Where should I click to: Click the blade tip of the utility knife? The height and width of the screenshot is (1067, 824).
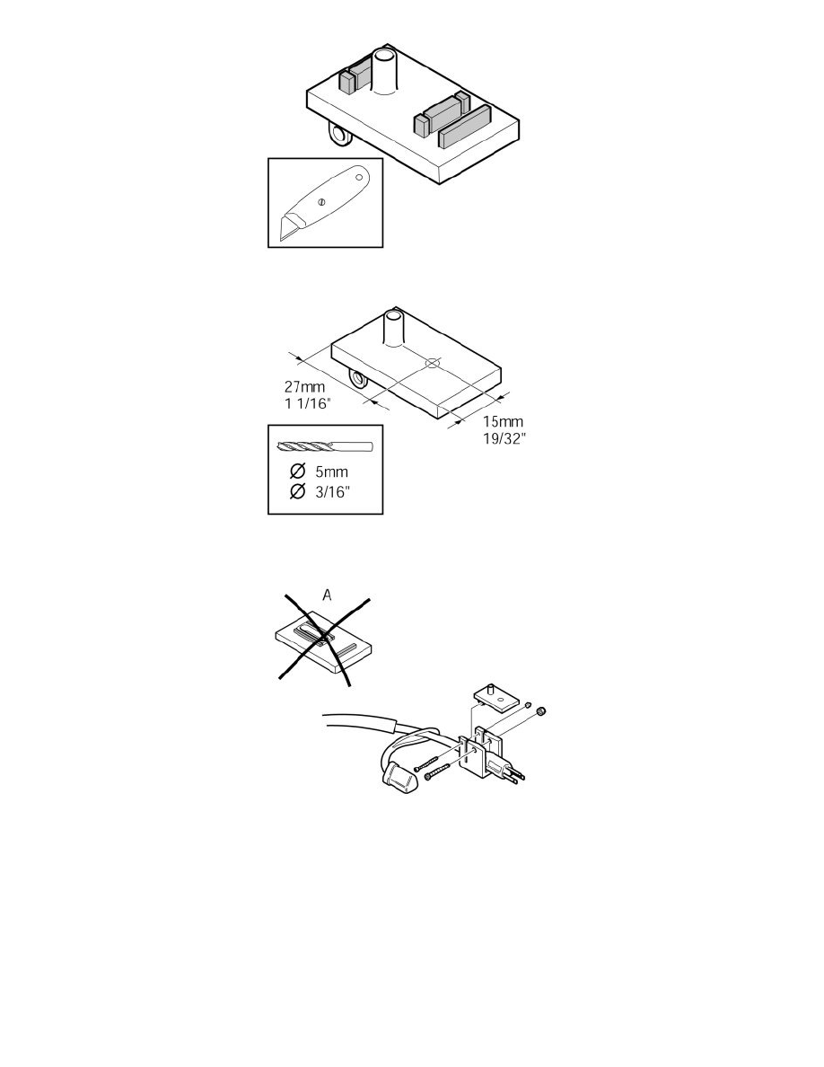(280, 239)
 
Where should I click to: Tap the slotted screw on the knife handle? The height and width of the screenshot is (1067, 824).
(323, 201)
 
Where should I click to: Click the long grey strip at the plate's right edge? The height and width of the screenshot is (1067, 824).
(465, 127)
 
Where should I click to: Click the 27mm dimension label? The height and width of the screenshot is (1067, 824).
(304, 387)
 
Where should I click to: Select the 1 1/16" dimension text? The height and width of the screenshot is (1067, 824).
(307, 403)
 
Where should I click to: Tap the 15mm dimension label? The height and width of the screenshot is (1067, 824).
(503, 422)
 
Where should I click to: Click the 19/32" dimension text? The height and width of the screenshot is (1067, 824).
(505, 439)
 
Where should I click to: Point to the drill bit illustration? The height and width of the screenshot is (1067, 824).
(326, 447)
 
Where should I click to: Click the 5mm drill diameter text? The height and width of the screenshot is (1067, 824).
(331, 472)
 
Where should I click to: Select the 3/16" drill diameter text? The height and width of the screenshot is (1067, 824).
(332, 491)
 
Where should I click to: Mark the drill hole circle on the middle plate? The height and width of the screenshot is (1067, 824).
(433, 364)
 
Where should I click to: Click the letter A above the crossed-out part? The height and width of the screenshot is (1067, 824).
(327, 595)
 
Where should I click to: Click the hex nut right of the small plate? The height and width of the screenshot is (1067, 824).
(541, 712)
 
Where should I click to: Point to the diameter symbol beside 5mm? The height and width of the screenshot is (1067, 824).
(297, 472)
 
